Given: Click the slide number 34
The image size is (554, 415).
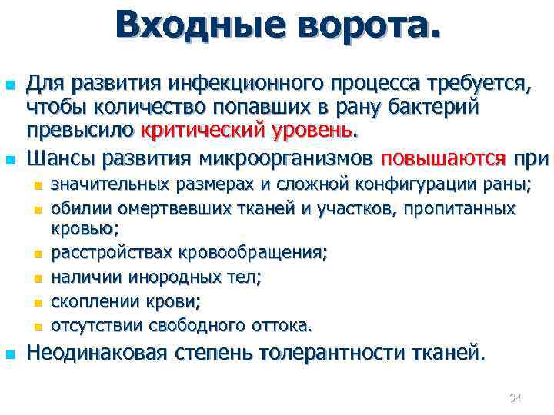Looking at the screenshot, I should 516,397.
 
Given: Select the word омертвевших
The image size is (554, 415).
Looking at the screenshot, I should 163,208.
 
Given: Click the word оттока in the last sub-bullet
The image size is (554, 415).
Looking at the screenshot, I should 279,325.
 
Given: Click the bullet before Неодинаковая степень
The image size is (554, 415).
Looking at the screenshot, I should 10,354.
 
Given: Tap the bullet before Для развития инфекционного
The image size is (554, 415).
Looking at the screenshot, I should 10,84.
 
